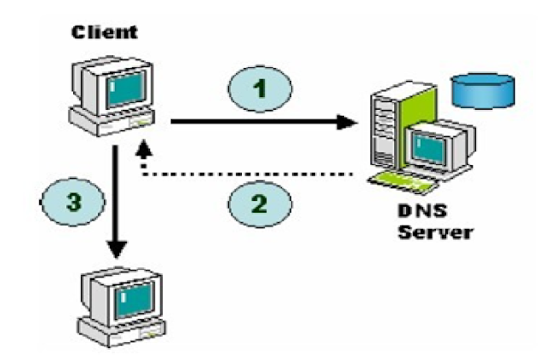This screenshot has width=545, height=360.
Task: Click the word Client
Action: coord(105,32)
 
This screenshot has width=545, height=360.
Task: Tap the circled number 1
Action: coord(260,89)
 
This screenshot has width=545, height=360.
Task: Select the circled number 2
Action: coord(260,203)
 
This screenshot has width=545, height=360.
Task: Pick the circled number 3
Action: coord(73,202)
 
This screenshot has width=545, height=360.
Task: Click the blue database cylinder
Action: coord(483,90)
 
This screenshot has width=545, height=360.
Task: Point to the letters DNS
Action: coord(422,211)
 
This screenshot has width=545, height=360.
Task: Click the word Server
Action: coord(435,231)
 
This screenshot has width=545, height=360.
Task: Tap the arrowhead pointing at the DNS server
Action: coord(347,122)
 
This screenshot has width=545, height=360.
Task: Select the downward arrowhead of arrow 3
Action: coord(117,249)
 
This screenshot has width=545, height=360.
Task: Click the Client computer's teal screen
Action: coord(126,89)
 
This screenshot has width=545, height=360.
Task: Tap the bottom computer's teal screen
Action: coord(135,300)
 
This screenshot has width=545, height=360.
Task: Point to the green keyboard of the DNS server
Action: coord(403,182)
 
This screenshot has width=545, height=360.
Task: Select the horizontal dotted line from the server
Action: coord(248,174)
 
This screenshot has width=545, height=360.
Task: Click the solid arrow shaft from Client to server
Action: coord(255,121)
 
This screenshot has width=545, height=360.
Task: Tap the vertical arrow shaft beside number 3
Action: coord(116,193)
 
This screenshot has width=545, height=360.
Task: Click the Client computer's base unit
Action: coord(112,122)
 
